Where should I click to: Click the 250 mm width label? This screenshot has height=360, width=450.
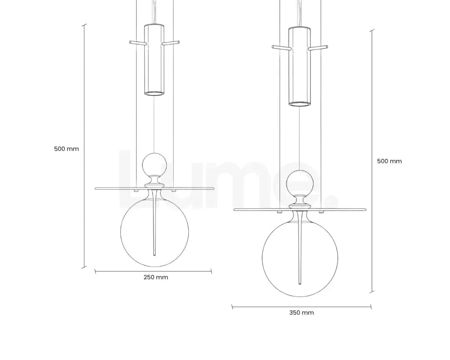[156, 277]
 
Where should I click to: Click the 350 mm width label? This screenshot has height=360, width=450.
[301, 313]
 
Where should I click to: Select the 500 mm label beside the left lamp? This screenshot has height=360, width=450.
[66, 149]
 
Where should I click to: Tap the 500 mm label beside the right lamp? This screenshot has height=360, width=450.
[389, 161]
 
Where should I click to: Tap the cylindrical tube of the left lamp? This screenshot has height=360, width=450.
[154, 60]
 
